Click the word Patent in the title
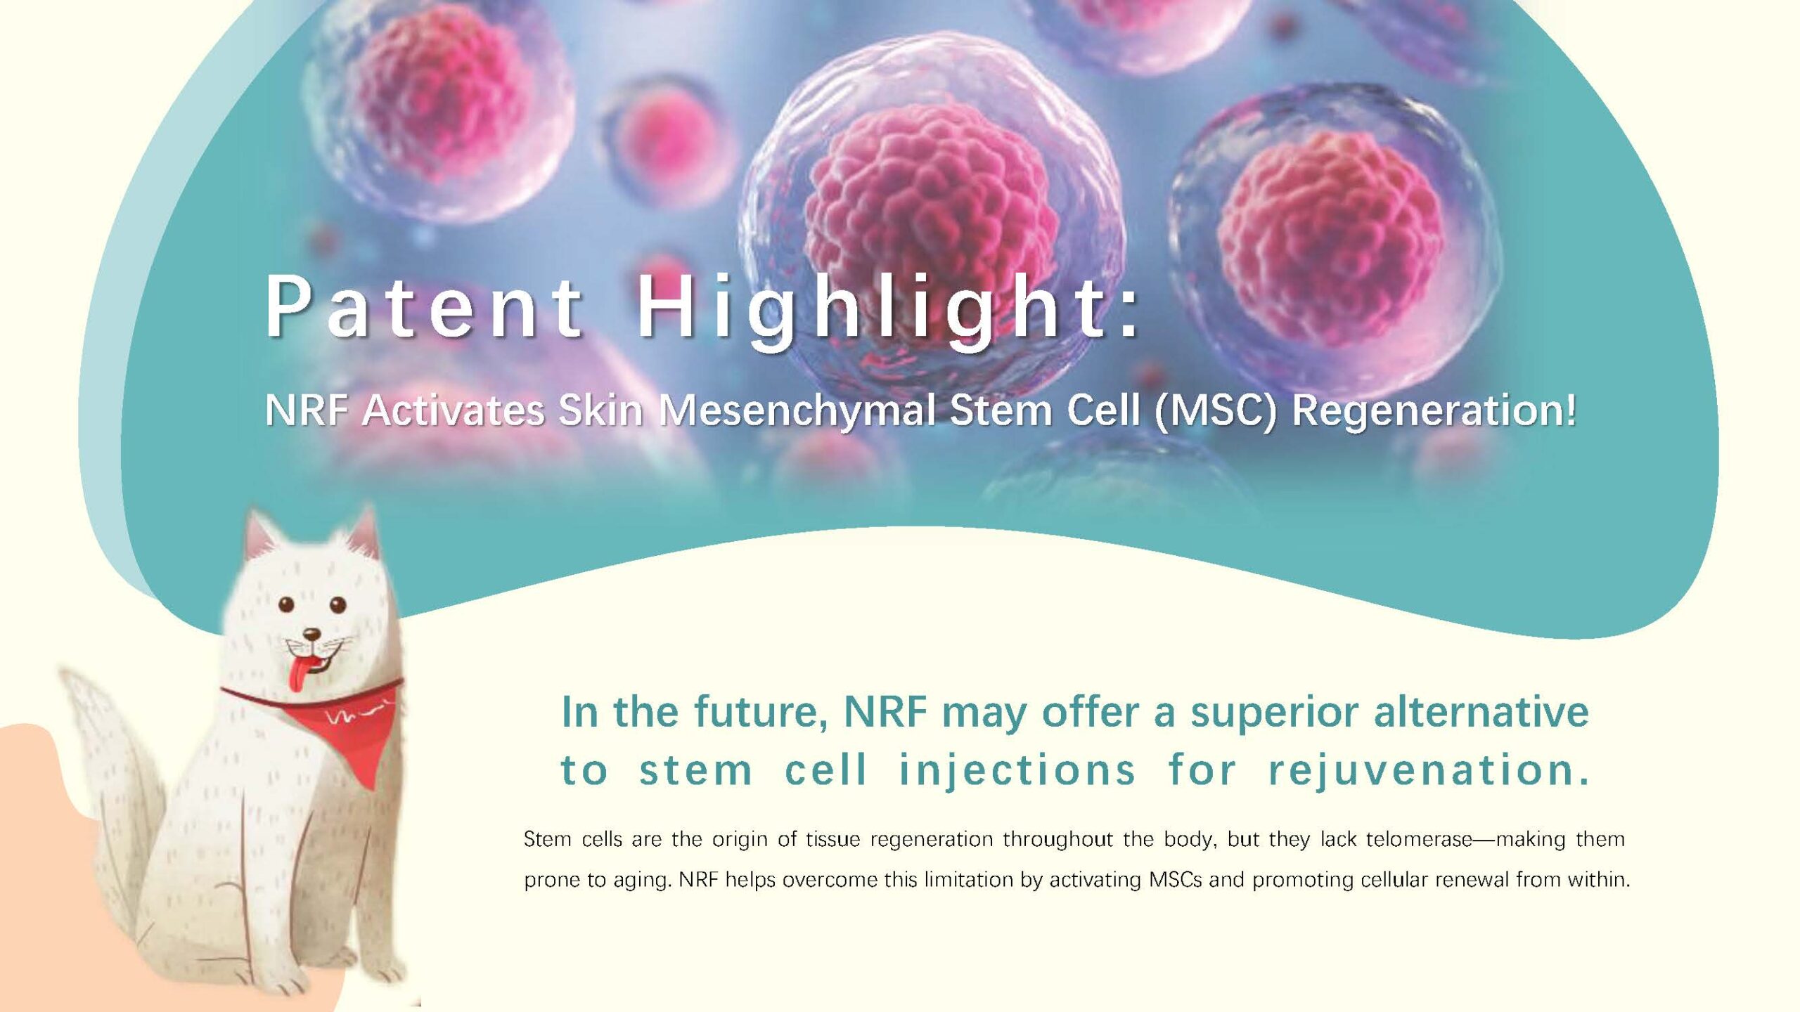point(425,306)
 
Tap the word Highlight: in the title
point(888,309)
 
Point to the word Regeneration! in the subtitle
point(1434,412)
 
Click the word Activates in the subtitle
point(454,410)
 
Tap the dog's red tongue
point(298,673)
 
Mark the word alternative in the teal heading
point(1481,712)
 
